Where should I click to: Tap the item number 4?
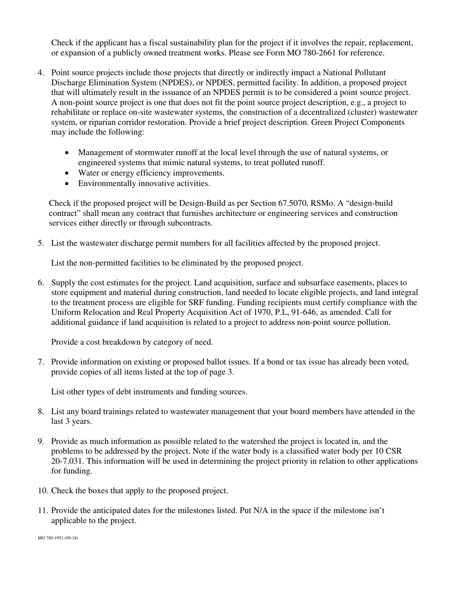41,72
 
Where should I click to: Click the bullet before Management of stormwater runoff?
67,153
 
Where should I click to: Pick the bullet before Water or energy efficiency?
67,173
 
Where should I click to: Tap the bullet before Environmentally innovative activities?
67,184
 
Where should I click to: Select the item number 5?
41,243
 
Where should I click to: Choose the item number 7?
41,362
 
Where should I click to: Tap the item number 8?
41,411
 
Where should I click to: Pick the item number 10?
43,491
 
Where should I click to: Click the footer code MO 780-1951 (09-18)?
57,537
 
